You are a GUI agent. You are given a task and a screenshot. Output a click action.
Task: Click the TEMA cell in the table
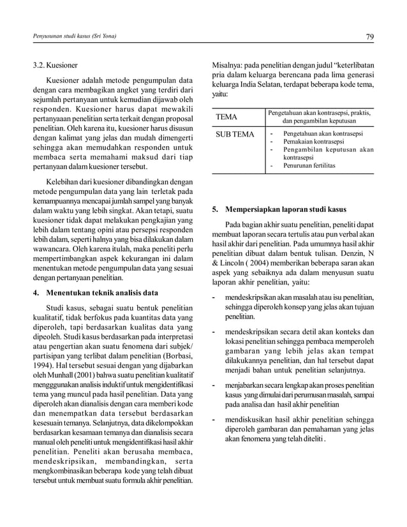point(227,118)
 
